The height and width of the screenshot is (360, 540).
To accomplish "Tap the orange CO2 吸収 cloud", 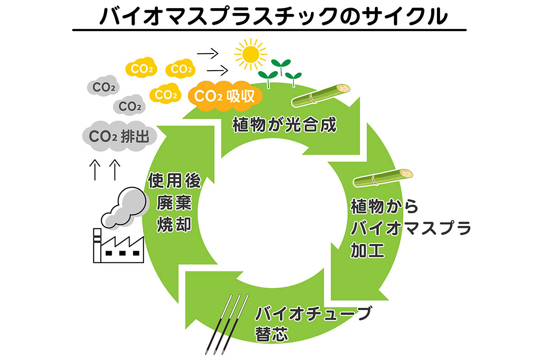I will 224,95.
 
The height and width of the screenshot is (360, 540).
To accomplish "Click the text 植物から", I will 384,208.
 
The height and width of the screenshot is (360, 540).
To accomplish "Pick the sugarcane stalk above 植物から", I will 383,177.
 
